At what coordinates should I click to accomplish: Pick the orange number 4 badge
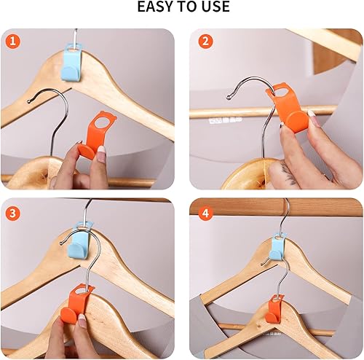click(205, 213)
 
